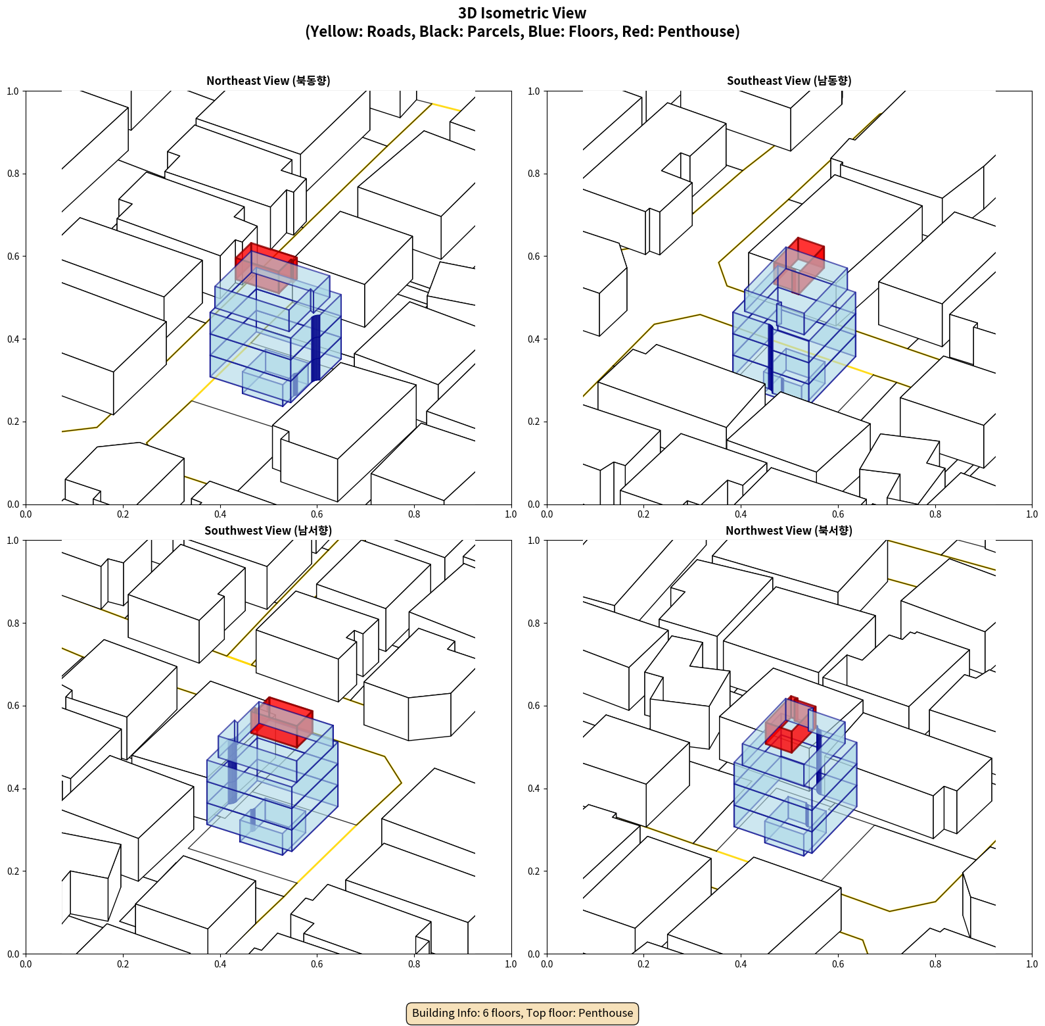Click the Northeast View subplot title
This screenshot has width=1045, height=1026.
pos(268,81)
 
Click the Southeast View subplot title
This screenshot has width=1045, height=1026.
pos(789,81)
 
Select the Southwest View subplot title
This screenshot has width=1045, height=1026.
pos(268,531)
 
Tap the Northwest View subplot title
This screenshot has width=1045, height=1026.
pos(789,531)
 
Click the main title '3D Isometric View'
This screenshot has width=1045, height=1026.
pos(522,13)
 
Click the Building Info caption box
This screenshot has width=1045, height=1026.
pos(522,1013)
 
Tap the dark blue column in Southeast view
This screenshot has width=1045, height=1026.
pos(770,355)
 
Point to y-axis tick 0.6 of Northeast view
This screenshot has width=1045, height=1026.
pos(14,256)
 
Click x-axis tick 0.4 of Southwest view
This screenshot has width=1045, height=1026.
pos(220,964)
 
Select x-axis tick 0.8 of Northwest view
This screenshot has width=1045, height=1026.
pos(935,964)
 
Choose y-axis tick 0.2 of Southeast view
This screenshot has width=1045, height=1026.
pos(534,422)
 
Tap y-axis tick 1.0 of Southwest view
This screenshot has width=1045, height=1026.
pos(14,541)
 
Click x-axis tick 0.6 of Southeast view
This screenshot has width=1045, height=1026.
pos(838,514)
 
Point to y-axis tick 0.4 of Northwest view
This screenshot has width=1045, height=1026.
pos(534,789)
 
